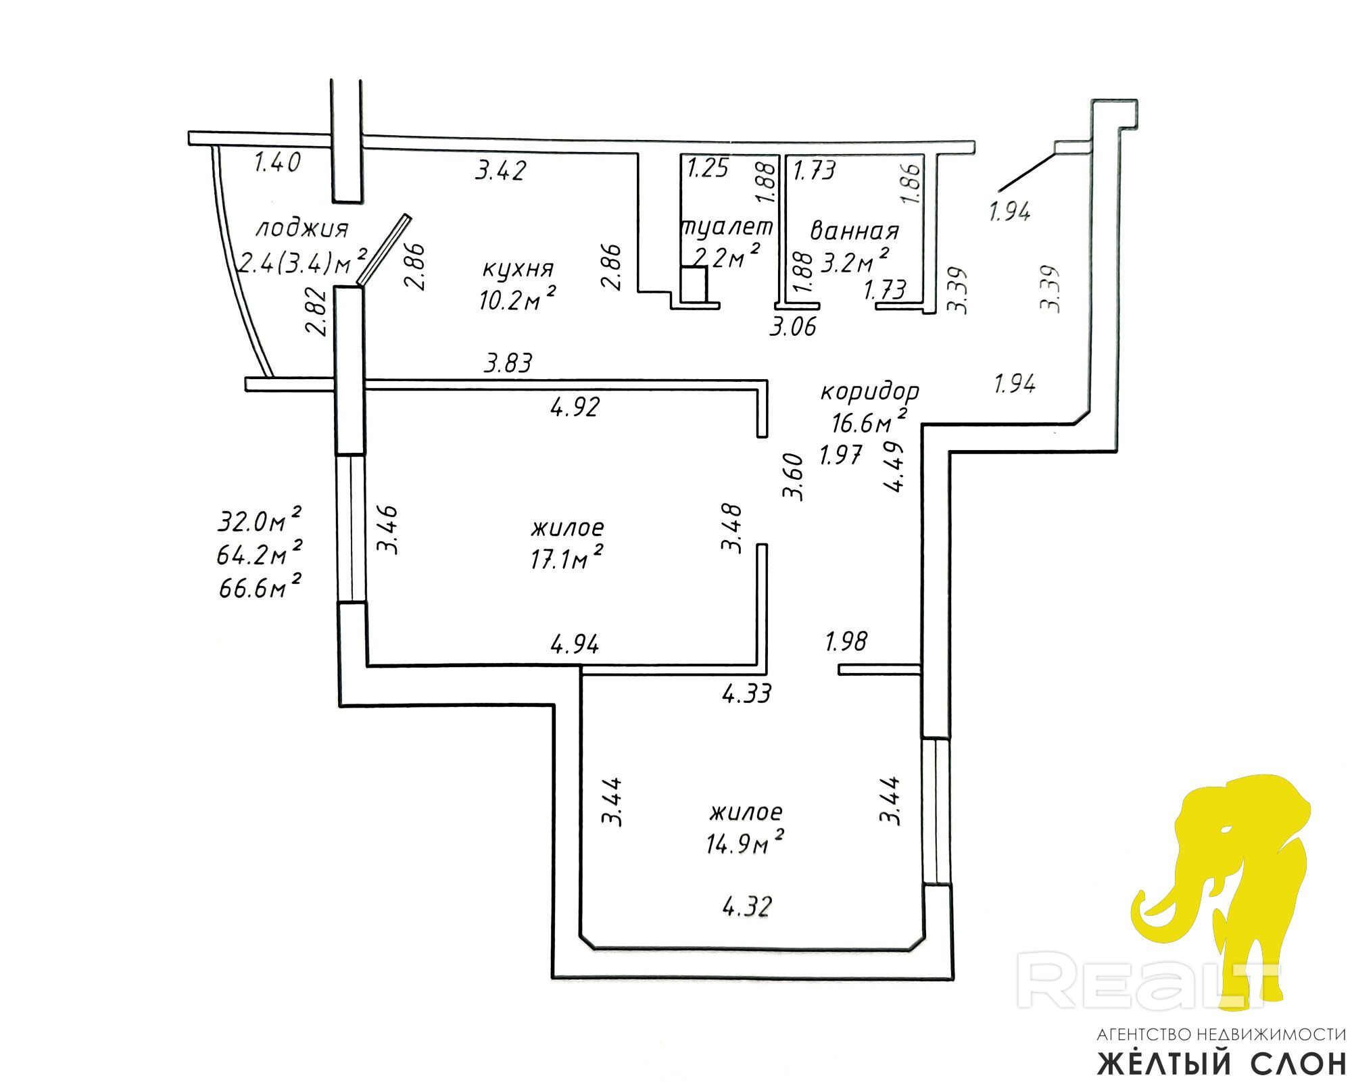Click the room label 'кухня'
(518, 269)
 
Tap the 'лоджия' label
(301, 229)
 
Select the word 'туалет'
(727, 227)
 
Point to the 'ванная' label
(854, 231)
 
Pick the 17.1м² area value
(566, 558)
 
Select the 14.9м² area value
(745, 843)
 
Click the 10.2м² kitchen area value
(518, 298)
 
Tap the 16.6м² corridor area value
(869, 422)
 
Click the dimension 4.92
(575, 407)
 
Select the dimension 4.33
(746, 693)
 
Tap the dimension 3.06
(793, 327)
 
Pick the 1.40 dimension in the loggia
(276, 163)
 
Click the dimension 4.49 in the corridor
(894, 467)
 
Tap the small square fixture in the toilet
(694, 284)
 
